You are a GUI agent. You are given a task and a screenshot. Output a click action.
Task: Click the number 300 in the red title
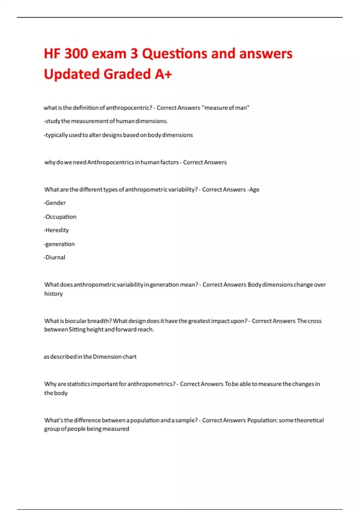click(76, 54)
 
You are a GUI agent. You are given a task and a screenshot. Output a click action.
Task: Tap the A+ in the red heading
click(163, 74)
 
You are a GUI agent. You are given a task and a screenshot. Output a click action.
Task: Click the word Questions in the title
click(175, 54)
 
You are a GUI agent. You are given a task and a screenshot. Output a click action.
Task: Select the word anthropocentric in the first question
click(129, 108)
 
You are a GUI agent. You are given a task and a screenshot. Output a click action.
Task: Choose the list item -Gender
click(55, 203)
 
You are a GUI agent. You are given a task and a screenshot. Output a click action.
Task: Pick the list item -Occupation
click(60, 217)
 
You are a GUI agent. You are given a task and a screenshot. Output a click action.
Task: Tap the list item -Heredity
click(56, 230)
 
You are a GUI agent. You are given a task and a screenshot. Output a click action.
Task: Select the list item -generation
click(59, 244)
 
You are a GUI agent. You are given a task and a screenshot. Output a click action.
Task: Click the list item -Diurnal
click(54, 257)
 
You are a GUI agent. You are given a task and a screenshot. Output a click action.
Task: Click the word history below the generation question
click(53, 294)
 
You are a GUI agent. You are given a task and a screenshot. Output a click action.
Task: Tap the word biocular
click(76, 321)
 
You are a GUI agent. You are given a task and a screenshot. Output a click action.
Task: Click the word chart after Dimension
click(129, 357)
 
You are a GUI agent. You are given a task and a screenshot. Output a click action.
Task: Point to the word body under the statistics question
click(61, 393)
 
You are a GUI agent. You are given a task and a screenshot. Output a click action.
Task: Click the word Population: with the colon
click(262, 420)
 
